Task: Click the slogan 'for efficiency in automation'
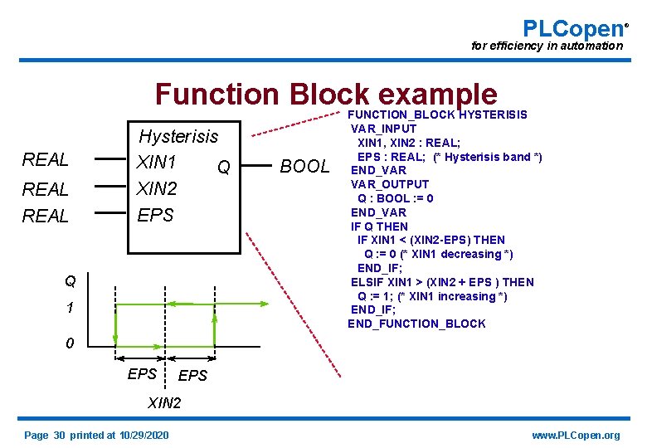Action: point(546,46)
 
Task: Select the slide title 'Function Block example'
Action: point(325,95)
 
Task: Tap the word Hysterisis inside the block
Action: point(178,136)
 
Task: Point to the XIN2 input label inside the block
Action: point(158,188)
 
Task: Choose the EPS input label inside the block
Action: point(155,215)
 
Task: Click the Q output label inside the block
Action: point(223,168)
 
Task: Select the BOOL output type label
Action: point(304,166)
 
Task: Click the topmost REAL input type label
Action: point(45,159)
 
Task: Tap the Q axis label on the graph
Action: point(71,281)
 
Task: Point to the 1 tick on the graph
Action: point(71,308)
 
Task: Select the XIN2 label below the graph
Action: point(164,404)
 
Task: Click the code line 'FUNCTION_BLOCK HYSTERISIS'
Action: point(437,114)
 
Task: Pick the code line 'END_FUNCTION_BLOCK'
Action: point(416,324)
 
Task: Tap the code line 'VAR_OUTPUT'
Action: point(390,184)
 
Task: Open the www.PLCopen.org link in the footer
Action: point(576,436)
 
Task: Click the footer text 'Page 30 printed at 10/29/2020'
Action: point(96,436)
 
